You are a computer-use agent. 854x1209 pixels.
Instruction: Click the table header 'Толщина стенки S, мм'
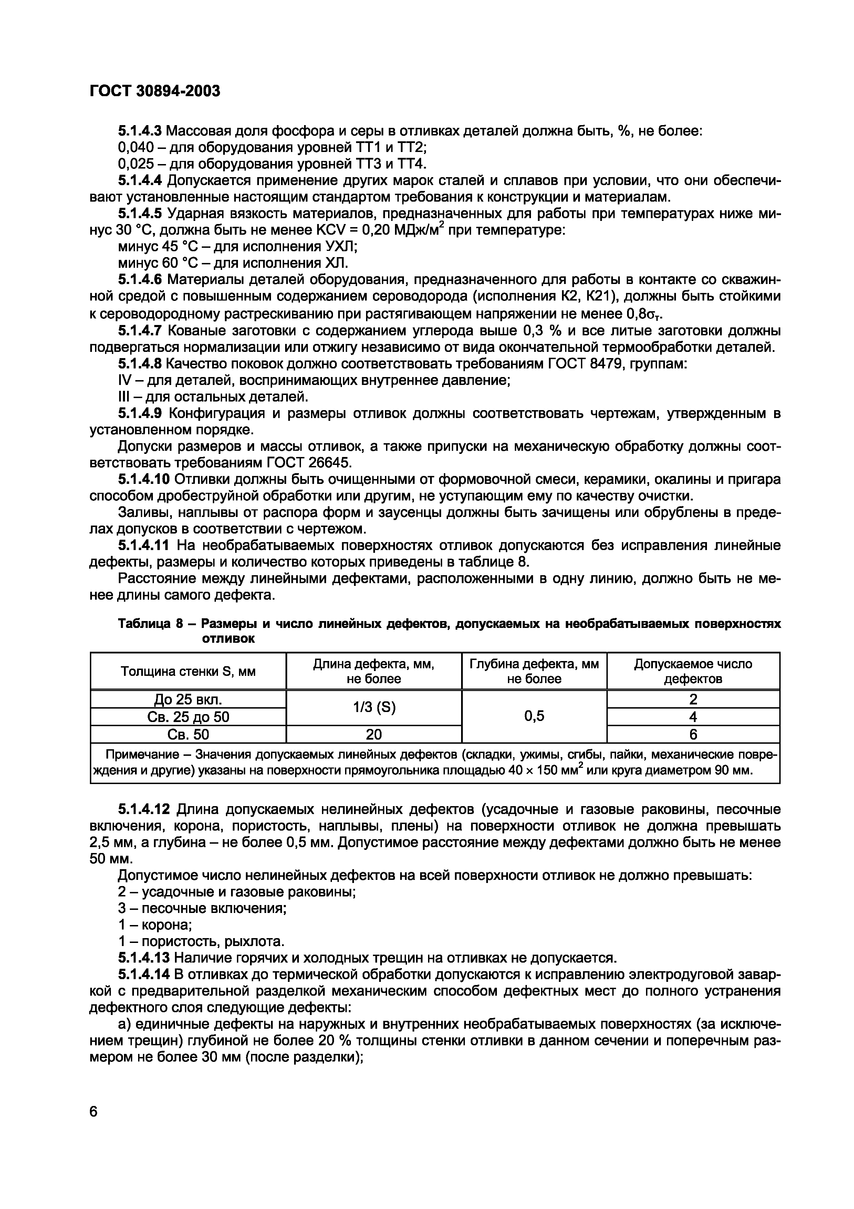pyautogui.click(x=188, y=671)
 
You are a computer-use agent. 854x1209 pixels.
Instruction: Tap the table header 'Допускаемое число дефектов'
pyautogui.click(x=692, y=671)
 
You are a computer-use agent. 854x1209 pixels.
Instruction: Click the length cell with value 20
pyautogui.click(x=374, y=734)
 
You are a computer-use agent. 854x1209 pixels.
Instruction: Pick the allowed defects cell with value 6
pyautogui.click(x=692, y=734)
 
